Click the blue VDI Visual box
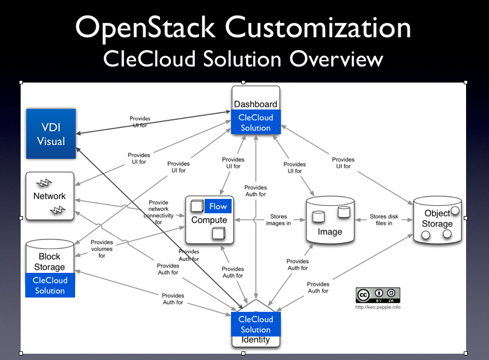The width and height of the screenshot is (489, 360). pyautogui.click(x=50, y=134)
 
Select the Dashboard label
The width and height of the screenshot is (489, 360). pyautogui.click(x=255, y=104)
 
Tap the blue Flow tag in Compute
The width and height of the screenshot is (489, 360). pyautogui.click(x=218, y=206)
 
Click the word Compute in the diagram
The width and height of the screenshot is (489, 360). pyautogui.click(x=209, y=220)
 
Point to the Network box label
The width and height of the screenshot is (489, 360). pyautogui.click(x=49, y=196)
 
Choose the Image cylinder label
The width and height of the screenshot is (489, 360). pyautogui.click(x=330, y=232)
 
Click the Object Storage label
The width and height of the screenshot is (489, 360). pyautogui.click(x=437, y=218)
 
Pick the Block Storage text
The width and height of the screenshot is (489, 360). pyautogui.click(x=50, y=262)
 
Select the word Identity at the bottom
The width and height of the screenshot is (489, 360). pyautogui.click(x=256, y=339)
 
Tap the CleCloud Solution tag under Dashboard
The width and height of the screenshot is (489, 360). pyautogui.click(x=256, y=123)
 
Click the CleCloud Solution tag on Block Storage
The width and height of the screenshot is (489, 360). pyautogui.click(x=50, y=285)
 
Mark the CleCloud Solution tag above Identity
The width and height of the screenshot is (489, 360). pyautogui.click(x=255, y=324)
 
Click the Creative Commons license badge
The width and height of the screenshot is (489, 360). pyautogui.click(x=377, y=295)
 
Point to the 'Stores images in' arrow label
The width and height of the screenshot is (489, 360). pyautogui.click(x=279, y=220)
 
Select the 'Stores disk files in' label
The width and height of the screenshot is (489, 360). pyautogui.click(x=381, y=220)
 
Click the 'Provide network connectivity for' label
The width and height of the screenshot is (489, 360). pyautogui.click(x=158, y=212)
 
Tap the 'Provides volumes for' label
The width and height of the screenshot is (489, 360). pyautogui.click(x=102, y=249)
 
